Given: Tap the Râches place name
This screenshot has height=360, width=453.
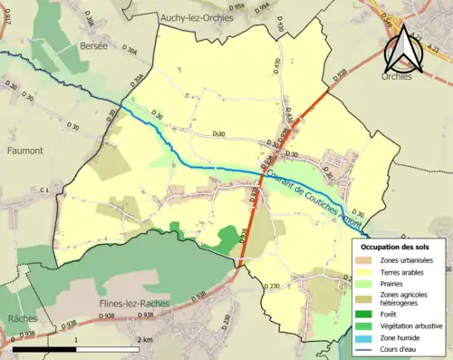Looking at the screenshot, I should (x=22, y=319).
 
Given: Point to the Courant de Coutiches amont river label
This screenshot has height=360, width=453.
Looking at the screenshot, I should (x=313, y=191).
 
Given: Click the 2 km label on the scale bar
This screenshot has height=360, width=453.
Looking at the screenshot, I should (x=145, y=339).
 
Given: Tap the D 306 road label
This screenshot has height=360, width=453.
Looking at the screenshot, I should (x=88, y=19).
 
